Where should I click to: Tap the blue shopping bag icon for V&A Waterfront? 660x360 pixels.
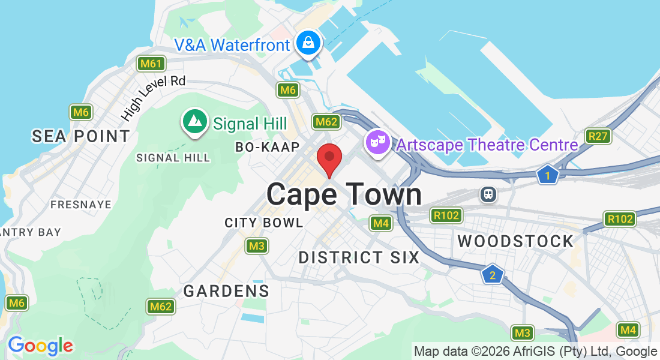click(x=308, y=43)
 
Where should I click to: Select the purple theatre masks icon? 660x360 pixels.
click(x=377, y=143)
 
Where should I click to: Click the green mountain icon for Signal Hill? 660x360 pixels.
click(x=194, y=121)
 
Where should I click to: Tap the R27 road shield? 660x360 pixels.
click(x=598, y=136)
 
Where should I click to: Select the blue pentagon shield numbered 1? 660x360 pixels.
click(x=547, y=175)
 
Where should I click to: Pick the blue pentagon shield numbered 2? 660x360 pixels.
click(x=492, y=275)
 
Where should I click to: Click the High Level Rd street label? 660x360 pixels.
click(x=154, y=97)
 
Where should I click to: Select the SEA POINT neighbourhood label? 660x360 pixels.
click(x=81, y=136)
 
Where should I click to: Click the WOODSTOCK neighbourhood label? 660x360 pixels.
click(x=515, y=241)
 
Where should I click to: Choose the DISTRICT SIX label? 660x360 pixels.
click(x=359, y=257)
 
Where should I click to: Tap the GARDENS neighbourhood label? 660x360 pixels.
click(x=226, y=291)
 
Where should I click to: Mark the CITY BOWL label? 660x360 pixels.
click(x=264, y=223)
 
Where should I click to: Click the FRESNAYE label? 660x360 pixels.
click(x=81, y=205)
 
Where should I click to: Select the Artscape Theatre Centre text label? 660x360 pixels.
click(x=487, y=145)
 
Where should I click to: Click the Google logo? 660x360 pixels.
click(x=40, y=346)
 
